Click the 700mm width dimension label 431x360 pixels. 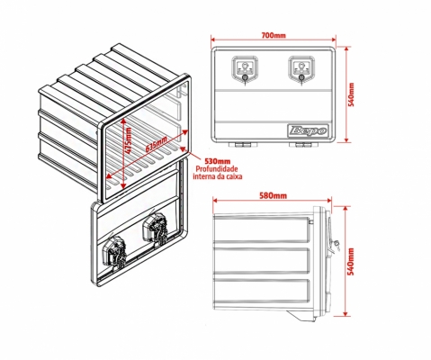[x=274, y=35]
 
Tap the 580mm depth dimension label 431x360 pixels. [x=273, y=196]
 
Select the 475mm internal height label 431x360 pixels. [x=129, y=140]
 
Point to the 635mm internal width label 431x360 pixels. [x=157, y=145]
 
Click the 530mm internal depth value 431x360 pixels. [x=217, y=162]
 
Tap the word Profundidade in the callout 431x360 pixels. [x=217, y=169]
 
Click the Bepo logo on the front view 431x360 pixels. [x=309, y=130]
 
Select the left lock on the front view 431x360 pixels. [x=245, y=69]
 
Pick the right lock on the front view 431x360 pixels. [x=302, y=69]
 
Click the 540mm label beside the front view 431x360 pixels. [x=352, y=94]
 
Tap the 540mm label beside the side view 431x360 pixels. [x=352, y=261]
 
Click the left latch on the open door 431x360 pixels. [x=114, y=252]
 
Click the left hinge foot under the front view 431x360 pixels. [x=243, y=145]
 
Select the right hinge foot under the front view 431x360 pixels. [x=304, y=145]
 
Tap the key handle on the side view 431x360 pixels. [x=337, y=245]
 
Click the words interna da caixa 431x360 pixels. [x=218, y=176]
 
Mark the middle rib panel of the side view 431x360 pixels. [x=261, y=260]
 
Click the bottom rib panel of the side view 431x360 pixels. [x=261, y=293]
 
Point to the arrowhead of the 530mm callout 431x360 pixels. [x=182, y=148]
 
